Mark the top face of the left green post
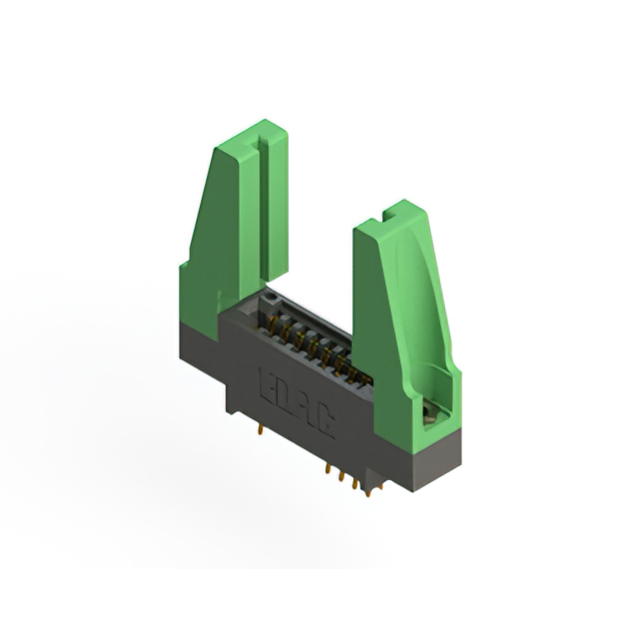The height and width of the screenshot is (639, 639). pyautogui.click(x=250, y=133)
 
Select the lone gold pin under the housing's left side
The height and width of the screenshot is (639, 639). pyautogui.click(x=260, y=429)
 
